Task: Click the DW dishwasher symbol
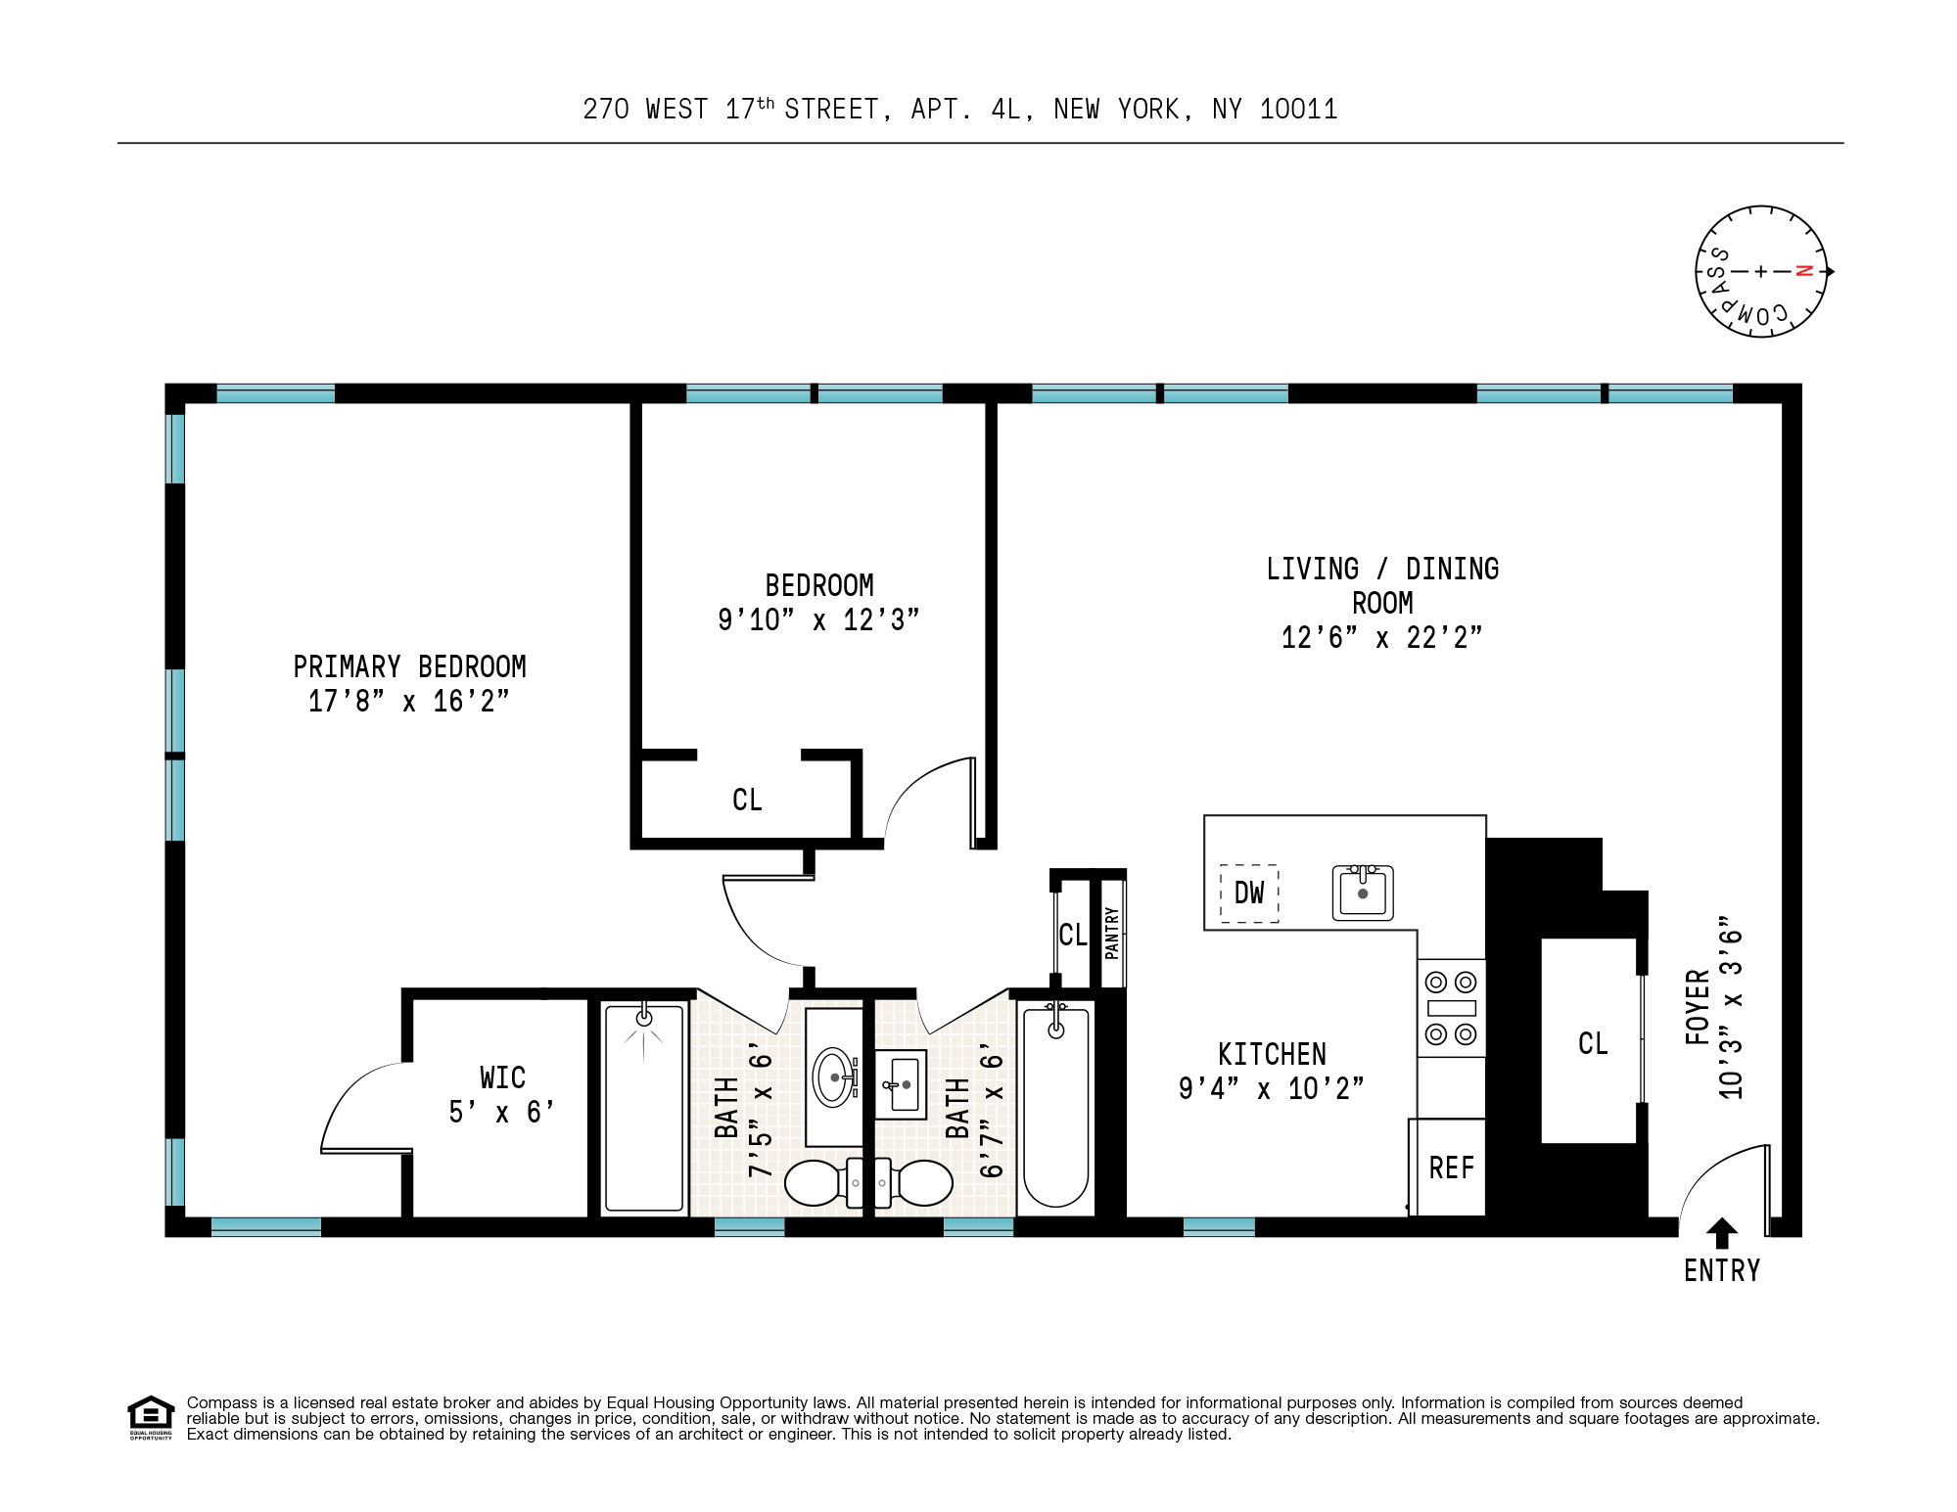click(1249, 893)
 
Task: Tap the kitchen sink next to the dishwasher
click(1362, 893)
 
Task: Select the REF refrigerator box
click(1451, 1168)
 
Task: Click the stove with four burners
click(1451, 1008)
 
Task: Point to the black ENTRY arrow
click(1721, 1232)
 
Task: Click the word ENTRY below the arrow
click(1721, 1270)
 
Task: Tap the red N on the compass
click(1804, 271)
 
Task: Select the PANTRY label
click(1111, 933)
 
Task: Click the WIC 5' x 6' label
click(502, 1094)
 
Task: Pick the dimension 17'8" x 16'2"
click(408, 702)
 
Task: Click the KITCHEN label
click(1272, 1054)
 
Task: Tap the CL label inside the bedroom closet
click(747, 800)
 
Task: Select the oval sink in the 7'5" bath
click(834, 1077)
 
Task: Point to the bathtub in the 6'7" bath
click(1055, 1106)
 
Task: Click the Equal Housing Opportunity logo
click(151, 1417)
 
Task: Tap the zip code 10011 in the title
click(1298, 110)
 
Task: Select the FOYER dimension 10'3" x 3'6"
click(1730, 1008)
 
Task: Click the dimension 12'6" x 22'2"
click(1381, 638)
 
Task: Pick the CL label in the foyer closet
click(1593, 1043)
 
